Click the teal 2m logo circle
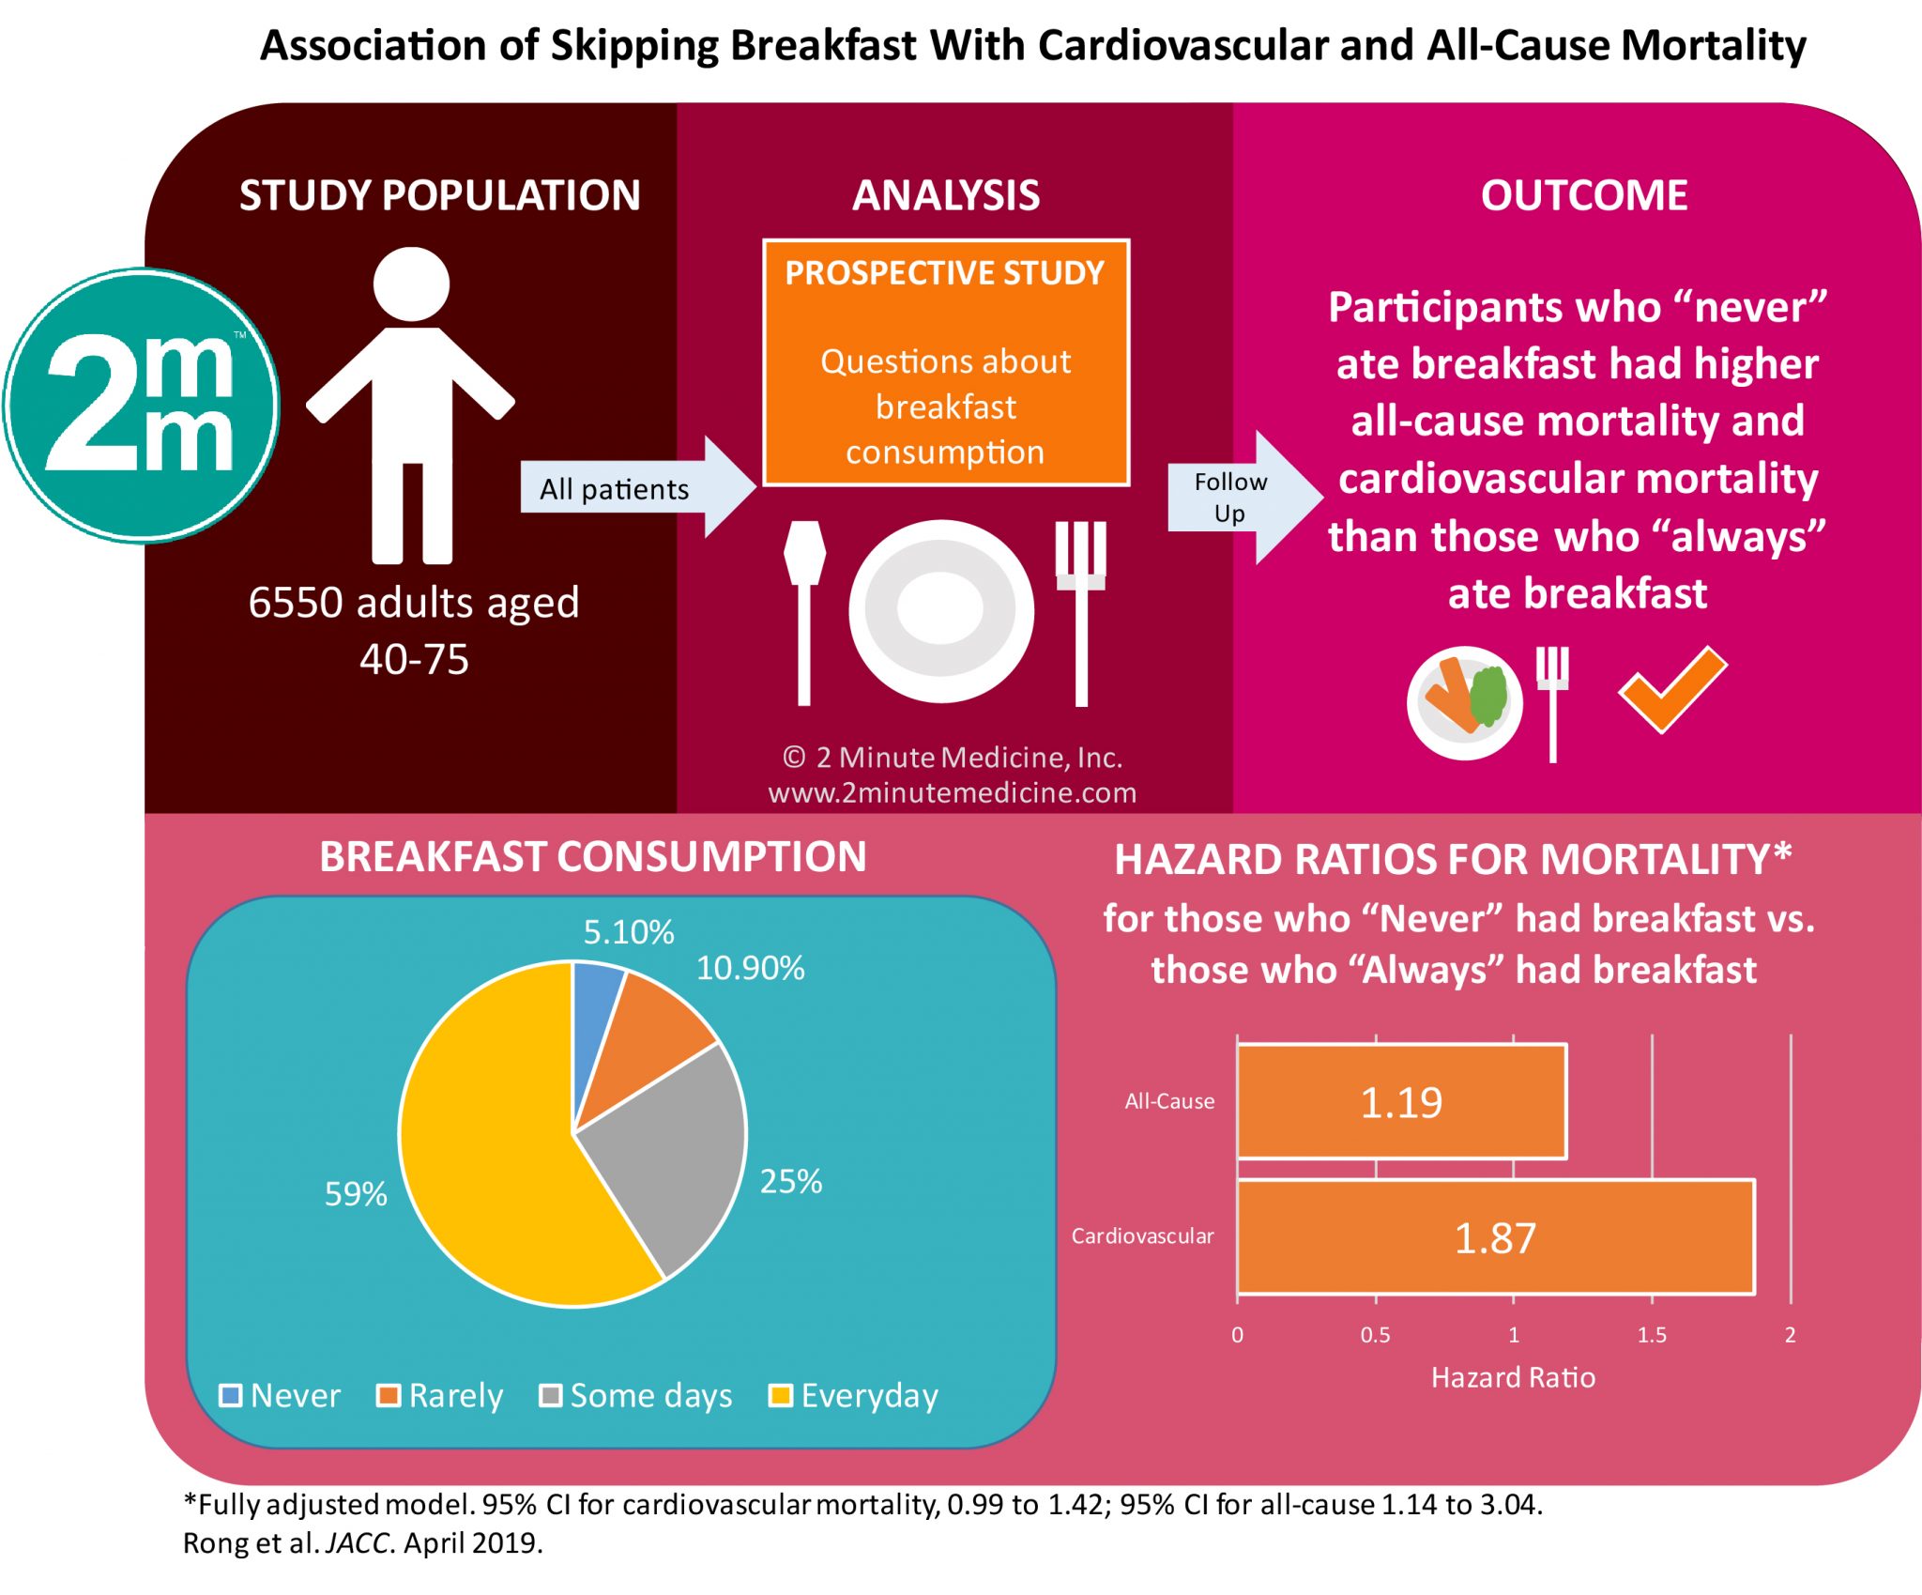click(x=141, y=406)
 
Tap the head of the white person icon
click(x=411, y=284)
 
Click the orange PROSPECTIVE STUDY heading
click(x=944, y=273)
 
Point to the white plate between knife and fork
click(x=940, y=611)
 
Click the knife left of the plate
click(x=804, y=610)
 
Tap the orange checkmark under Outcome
click(x=1671, y=691)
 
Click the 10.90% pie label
click(x=750, y=969)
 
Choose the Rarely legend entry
click(x=441, y=1395)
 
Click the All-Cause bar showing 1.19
click(x=1400, y=1102)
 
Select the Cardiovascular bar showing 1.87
click(x=1494, y=1237)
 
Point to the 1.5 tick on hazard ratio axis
click(x=1652, y=1334)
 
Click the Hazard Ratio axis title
click(x=1513, y=1377)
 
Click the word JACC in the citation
click(x=357, y=1543)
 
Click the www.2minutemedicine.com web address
click(x=952, y=793)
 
